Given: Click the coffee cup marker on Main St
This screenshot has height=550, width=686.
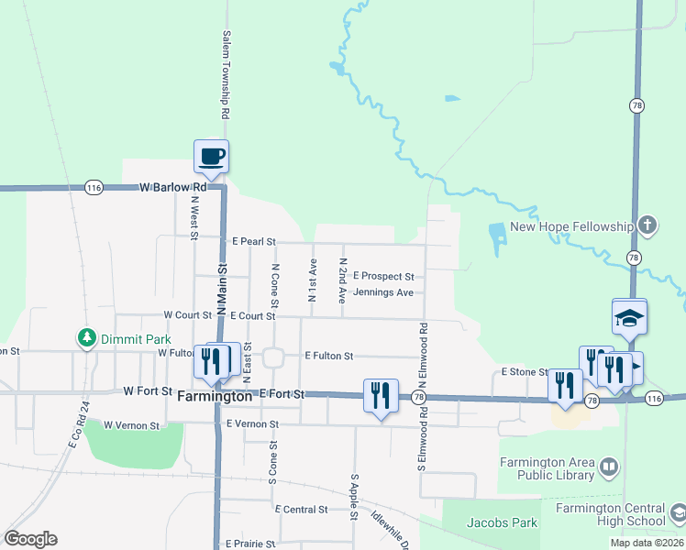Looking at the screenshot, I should [x=211, y=157].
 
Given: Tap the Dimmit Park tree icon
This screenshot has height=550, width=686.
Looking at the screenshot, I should [x=87, y=338].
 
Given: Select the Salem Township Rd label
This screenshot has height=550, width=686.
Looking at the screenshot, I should [x=225, y=76].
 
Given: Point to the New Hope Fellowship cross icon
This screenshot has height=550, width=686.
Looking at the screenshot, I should [x=647, y=225].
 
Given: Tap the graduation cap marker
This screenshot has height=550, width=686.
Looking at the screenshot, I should [x=630, y=317].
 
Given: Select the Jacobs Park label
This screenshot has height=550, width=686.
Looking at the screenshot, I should [x=501, y=522].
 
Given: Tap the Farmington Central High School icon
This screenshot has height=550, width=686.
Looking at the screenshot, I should [x=677, y=514].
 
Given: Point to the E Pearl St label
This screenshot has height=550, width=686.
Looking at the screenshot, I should [x=253, y=242].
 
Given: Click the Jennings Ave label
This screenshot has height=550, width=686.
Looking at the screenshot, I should [x=382, y=292].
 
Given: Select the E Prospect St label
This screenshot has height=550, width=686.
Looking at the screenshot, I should [x=383, y=276].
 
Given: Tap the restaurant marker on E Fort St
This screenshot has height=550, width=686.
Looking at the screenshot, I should [x=381, y=396].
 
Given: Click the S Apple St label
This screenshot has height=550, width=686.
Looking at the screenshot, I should [x=353, y=497].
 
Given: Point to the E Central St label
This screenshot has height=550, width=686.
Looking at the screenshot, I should [x=301, y=509].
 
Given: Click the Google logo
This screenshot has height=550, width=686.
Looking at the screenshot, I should [x=30, y=539].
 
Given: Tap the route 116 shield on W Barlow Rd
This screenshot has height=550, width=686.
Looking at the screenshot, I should [x=93, y=187].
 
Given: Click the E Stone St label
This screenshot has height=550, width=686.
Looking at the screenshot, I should [x=524, y=372].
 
